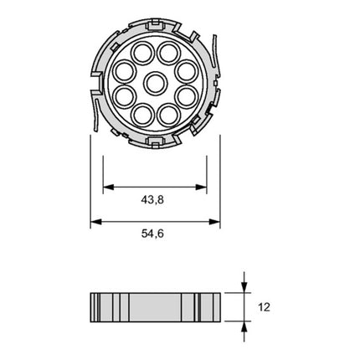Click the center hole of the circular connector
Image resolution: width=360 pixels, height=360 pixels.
tap(155, 84)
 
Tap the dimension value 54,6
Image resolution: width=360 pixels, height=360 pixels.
tap(155, 234)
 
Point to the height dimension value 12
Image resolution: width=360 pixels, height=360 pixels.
tap(265, 306)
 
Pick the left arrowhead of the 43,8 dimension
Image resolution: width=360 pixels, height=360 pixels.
tap(107, 187)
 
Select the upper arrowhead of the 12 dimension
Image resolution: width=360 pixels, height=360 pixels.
tap(244, 287)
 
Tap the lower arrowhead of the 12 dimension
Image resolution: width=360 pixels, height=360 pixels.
tap(244, 327)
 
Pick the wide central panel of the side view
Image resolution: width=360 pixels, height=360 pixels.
tap(155, 307)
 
